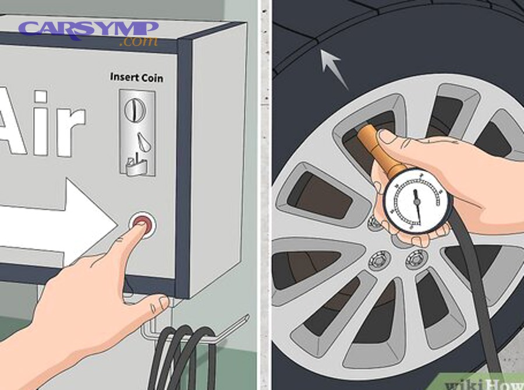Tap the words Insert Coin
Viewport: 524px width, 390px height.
(x=137, y=78)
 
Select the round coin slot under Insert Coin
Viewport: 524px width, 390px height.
(x=136, y=108)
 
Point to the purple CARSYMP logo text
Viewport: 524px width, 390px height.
(x=87, y=29)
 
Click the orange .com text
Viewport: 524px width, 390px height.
(x=139, y=42)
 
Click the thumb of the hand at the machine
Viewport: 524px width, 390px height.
(x=156, y=304)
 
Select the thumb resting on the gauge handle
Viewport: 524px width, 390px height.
(x=402, y=139)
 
